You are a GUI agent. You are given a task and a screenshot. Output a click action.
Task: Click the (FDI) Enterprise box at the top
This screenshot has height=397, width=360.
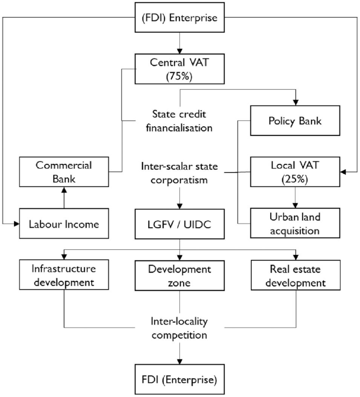tap(179, 17)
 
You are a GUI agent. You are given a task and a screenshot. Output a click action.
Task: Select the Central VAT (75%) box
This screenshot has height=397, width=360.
tap(179, 69)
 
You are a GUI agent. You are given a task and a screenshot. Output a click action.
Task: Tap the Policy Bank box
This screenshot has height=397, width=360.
tap(295, 121)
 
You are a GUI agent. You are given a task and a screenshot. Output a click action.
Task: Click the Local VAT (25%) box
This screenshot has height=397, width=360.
tap(295, 172)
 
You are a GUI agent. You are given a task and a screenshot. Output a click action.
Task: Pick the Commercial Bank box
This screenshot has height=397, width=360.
tap(64, 172)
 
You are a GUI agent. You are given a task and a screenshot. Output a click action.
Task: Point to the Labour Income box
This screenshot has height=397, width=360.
tap(64, 224)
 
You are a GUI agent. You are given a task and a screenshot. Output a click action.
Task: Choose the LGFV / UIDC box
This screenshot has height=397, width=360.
tap(179, 224)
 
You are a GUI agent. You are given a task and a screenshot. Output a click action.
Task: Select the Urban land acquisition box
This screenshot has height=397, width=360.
tap(295, 223)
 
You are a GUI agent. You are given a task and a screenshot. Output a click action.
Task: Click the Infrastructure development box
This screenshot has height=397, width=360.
tap(64, 275)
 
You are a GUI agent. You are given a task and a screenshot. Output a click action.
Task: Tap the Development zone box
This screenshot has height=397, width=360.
tap(179, 276)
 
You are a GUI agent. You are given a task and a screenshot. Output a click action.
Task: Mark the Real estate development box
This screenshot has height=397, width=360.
tap(296, 275)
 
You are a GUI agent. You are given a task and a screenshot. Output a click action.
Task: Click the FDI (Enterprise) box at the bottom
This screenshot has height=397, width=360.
tap(179, 379)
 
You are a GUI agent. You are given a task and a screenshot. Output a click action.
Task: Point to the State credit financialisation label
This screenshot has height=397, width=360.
tap(179, 121)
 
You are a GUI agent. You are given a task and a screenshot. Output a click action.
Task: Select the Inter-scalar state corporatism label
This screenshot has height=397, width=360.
tap(179, 173)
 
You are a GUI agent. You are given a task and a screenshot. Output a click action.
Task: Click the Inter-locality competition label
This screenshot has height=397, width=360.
tap(179, 328)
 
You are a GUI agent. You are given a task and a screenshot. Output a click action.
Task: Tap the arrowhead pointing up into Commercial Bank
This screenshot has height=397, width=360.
tap(64, 190)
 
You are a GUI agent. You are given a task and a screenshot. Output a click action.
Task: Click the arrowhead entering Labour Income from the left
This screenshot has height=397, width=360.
tap(17, 224)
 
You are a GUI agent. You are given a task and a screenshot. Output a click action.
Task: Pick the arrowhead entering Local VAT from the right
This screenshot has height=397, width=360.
tap(343, 172)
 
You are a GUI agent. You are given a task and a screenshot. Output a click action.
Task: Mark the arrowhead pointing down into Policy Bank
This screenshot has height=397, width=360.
tap(296, 103)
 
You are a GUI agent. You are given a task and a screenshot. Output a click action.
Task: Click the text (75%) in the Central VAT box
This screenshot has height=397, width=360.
tap(179, 76)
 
